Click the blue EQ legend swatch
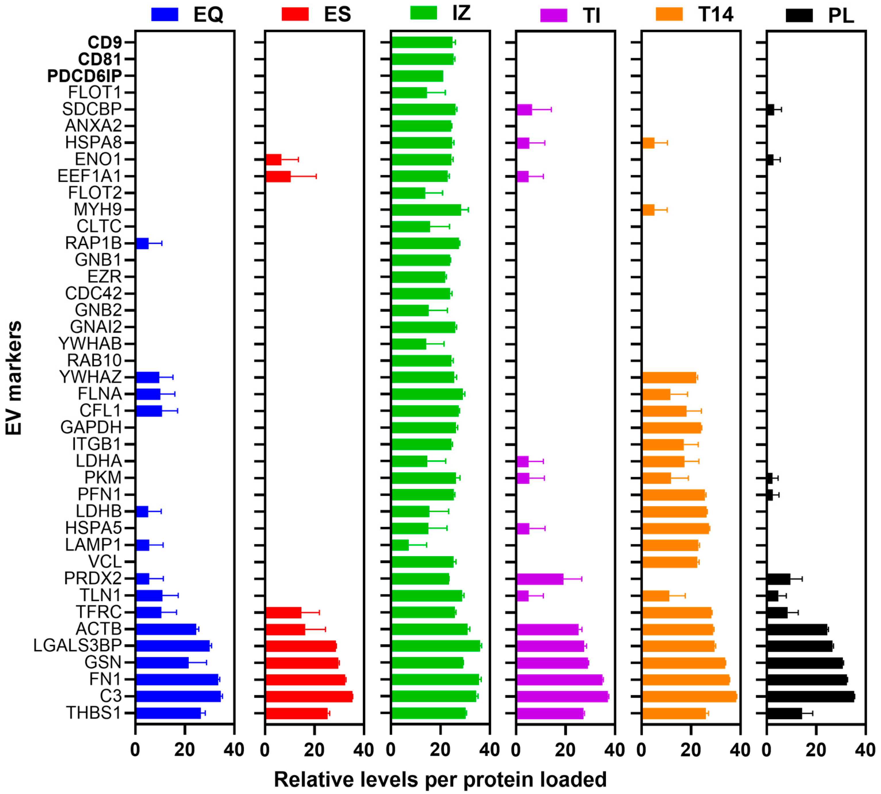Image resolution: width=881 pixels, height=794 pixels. point(165,14)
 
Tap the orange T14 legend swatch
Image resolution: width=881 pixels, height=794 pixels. point(669,14)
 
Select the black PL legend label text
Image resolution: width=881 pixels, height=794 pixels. point(840,16)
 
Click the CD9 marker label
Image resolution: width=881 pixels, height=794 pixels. point(105,42)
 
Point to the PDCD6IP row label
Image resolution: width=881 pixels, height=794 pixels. point(84,76)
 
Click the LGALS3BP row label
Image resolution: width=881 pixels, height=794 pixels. point(77,645)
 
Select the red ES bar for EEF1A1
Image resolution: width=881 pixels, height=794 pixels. point(278,176)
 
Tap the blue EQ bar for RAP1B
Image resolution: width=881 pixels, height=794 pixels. point(142,243)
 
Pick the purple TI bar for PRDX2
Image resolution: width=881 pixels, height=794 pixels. point(540,579)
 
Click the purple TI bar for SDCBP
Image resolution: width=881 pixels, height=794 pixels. point(524,109)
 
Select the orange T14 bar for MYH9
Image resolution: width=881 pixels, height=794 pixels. point(649,210)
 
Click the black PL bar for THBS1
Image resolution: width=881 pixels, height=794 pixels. point(784,713)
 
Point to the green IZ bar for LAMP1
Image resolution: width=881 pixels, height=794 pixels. point(400,545)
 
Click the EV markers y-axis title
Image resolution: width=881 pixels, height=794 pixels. point(14,378)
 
